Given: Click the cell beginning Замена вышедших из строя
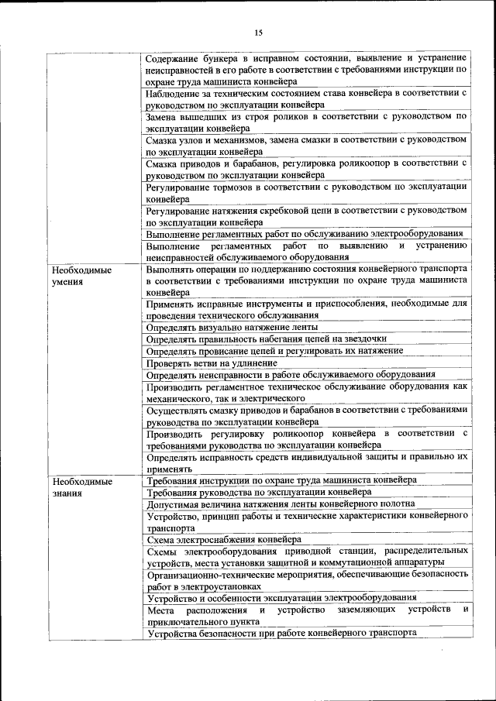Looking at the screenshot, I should [306, 122].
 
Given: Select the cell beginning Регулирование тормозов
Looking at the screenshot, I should [306, 192].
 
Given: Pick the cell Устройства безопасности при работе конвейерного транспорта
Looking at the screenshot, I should [282, 633].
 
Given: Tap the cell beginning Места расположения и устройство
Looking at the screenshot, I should [306, 615].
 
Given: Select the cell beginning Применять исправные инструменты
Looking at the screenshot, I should [306, 310].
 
